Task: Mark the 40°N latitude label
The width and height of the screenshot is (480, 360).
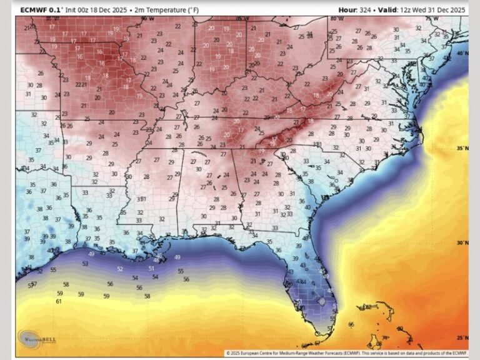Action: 461,54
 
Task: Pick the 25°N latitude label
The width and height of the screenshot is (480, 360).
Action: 461,338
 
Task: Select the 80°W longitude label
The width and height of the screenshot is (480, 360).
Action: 336,19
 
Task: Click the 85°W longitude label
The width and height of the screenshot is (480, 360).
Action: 242,19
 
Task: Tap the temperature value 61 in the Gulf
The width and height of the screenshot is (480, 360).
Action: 59,302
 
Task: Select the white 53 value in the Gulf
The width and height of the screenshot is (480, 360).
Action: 85,264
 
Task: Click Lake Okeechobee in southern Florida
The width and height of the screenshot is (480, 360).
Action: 321,301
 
